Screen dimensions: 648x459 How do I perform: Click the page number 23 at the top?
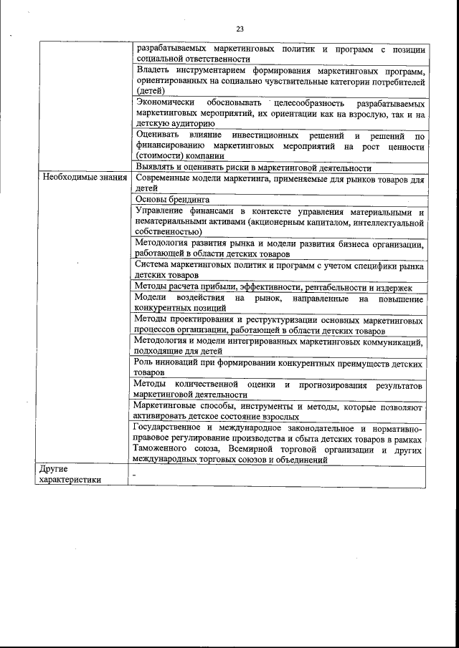click(x=240, y=29)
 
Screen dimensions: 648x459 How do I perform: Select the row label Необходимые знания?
click(x=82, y=177)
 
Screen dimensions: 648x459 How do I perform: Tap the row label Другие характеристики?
click(x=70, y=474)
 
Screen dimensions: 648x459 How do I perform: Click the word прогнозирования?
click(x=330, y=385)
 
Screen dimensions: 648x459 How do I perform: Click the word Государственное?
click(x=172, y=427)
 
